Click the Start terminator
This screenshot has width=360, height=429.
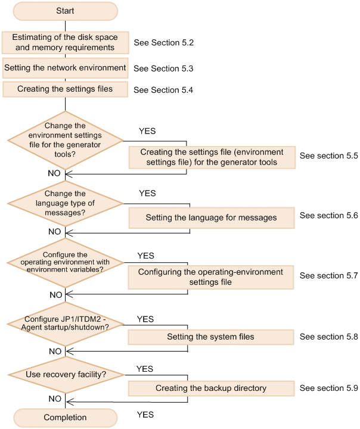tap(65, 11)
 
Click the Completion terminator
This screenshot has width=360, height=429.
tap(65, 418)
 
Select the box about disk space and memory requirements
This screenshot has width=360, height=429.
tap(65, 42)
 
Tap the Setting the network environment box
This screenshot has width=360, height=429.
tap(65, 68)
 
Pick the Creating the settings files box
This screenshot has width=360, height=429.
tap(65, 89)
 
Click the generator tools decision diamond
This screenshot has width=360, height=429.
tap(65, 141)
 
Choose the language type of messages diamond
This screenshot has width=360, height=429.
tap(65, 204)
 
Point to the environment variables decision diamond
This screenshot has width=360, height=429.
tap(65, 263)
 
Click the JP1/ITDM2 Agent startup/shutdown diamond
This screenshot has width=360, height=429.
tap(65, 324)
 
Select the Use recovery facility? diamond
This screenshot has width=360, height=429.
tap(65, 374)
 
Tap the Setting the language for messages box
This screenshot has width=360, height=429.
tap(211, 217)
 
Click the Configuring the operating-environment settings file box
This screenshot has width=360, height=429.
tap(211, 276)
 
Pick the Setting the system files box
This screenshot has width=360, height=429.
tap(211, 337)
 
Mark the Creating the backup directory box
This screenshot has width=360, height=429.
tap(211, 388)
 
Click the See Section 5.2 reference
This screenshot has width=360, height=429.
tap(164, 43)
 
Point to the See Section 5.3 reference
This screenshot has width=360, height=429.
tap(164, 69)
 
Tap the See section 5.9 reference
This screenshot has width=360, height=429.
tap(328, 388)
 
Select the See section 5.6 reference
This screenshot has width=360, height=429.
tap(328, 216)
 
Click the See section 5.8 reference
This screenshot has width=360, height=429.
tap(328, 337)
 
